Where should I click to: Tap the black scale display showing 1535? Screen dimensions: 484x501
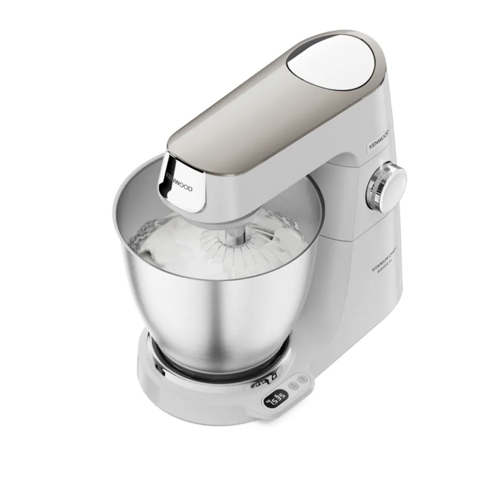pos(276,398)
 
